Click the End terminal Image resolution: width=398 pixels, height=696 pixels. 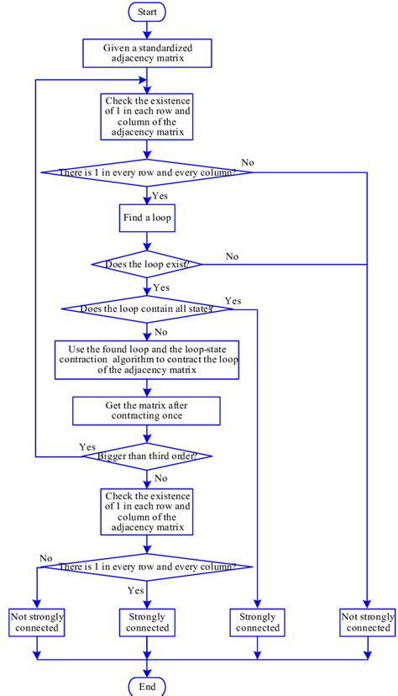point(147,687)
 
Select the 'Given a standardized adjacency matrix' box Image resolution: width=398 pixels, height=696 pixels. point(147,54)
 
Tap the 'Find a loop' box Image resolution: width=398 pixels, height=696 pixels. point(147,218)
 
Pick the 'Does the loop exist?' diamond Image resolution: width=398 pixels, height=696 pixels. point(147,264)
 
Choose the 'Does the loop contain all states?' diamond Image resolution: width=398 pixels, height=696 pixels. point(147,309)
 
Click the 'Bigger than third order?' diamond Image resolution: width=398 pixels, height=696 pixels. point(147,456)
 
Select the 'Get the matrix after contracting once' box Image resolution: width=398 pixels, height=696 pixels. point(147,411)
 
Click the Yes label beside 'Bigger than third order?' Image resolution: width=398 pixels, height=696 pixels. point(86,446)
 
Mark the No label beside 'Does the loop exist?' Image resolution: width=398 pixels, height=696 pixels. point(232,256)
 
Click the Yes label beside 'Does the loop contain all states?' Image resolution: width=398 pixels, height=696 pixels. point(233,300)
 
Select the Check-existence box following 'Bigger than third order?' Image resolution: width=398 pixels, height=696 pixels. point(147,512)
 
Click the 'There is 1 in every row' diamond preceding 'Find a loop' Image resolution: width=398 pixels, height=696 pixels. point(147,172)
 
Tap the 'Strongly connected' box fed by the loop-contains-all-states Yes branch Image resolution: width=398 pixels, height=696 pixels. point(257,623)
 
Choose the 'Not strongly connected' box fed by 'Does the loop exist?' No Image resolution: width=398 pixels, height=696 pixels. point(367,623)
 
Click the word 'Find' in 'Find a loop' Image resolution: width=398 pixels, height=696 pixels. point(134,218)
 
